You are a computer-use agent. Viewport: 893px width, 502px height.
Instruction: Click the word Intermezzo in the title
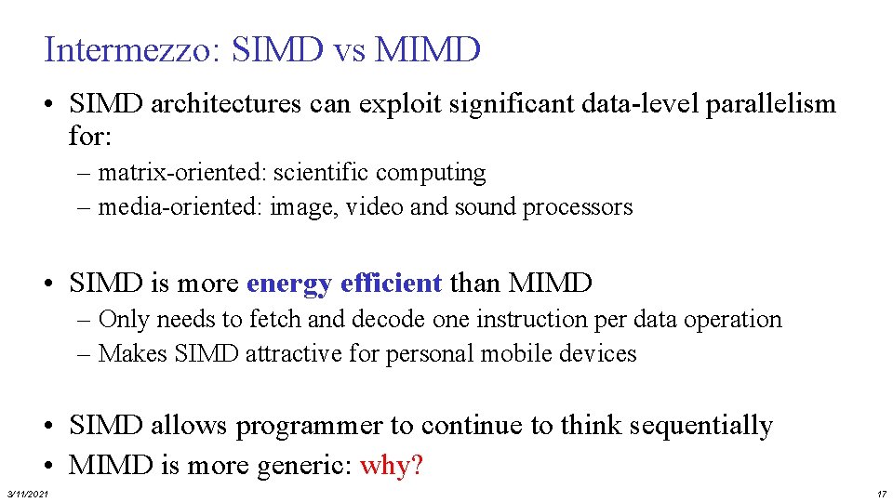point(127,49)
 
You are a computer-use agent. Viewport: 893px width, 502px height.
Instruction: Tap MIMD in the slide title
point(427,49)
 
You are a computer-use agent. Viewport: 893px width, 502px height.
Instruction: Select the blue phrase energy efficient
point(344,282)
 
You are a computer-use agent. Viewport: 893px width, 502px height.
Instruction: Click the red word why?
point(391,464)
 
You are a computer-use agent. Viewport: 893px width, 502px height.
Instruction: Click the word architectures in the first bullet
point(224,104)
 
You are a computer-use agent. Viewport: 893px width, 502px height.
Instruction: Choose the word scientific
point(322,173)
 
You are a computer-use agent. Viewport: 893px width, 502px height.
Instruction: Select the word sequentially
point(700,426)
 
